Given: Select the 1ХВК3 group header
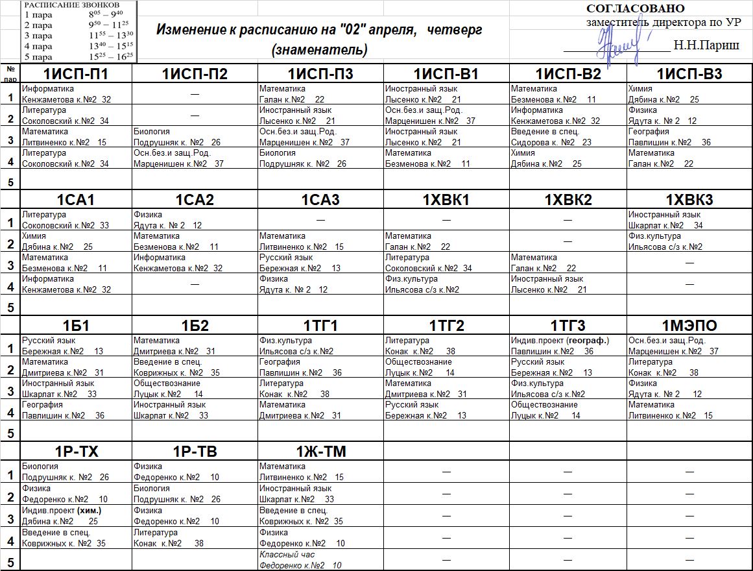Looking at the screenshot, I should click(689, 200).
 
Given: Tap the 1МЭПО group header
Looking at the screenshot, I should click(689, 326).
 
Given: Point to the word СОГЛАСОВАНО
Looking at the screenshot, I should click(636, 8).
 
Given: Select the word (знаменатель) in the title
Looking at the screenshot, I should click(320, 49).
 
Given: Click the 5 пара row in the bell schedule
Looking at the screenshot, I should click(78, 56).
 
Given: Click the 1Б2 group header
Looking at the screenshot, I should click(195, 326).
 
